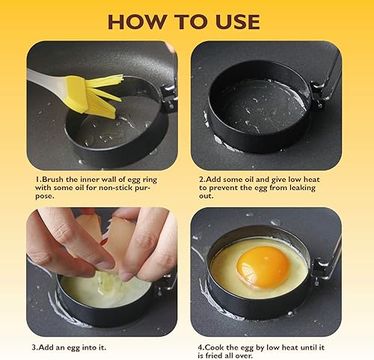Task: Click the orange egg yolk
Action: [x=262, y=266]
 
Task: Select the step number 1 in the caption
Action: [x=37, y=180]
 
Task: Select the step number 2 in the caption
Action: [x=201, y=180]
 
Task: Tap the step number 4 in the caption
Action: [x=200, y=347]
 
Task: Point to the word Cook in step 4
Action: [x=218, y=347]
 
